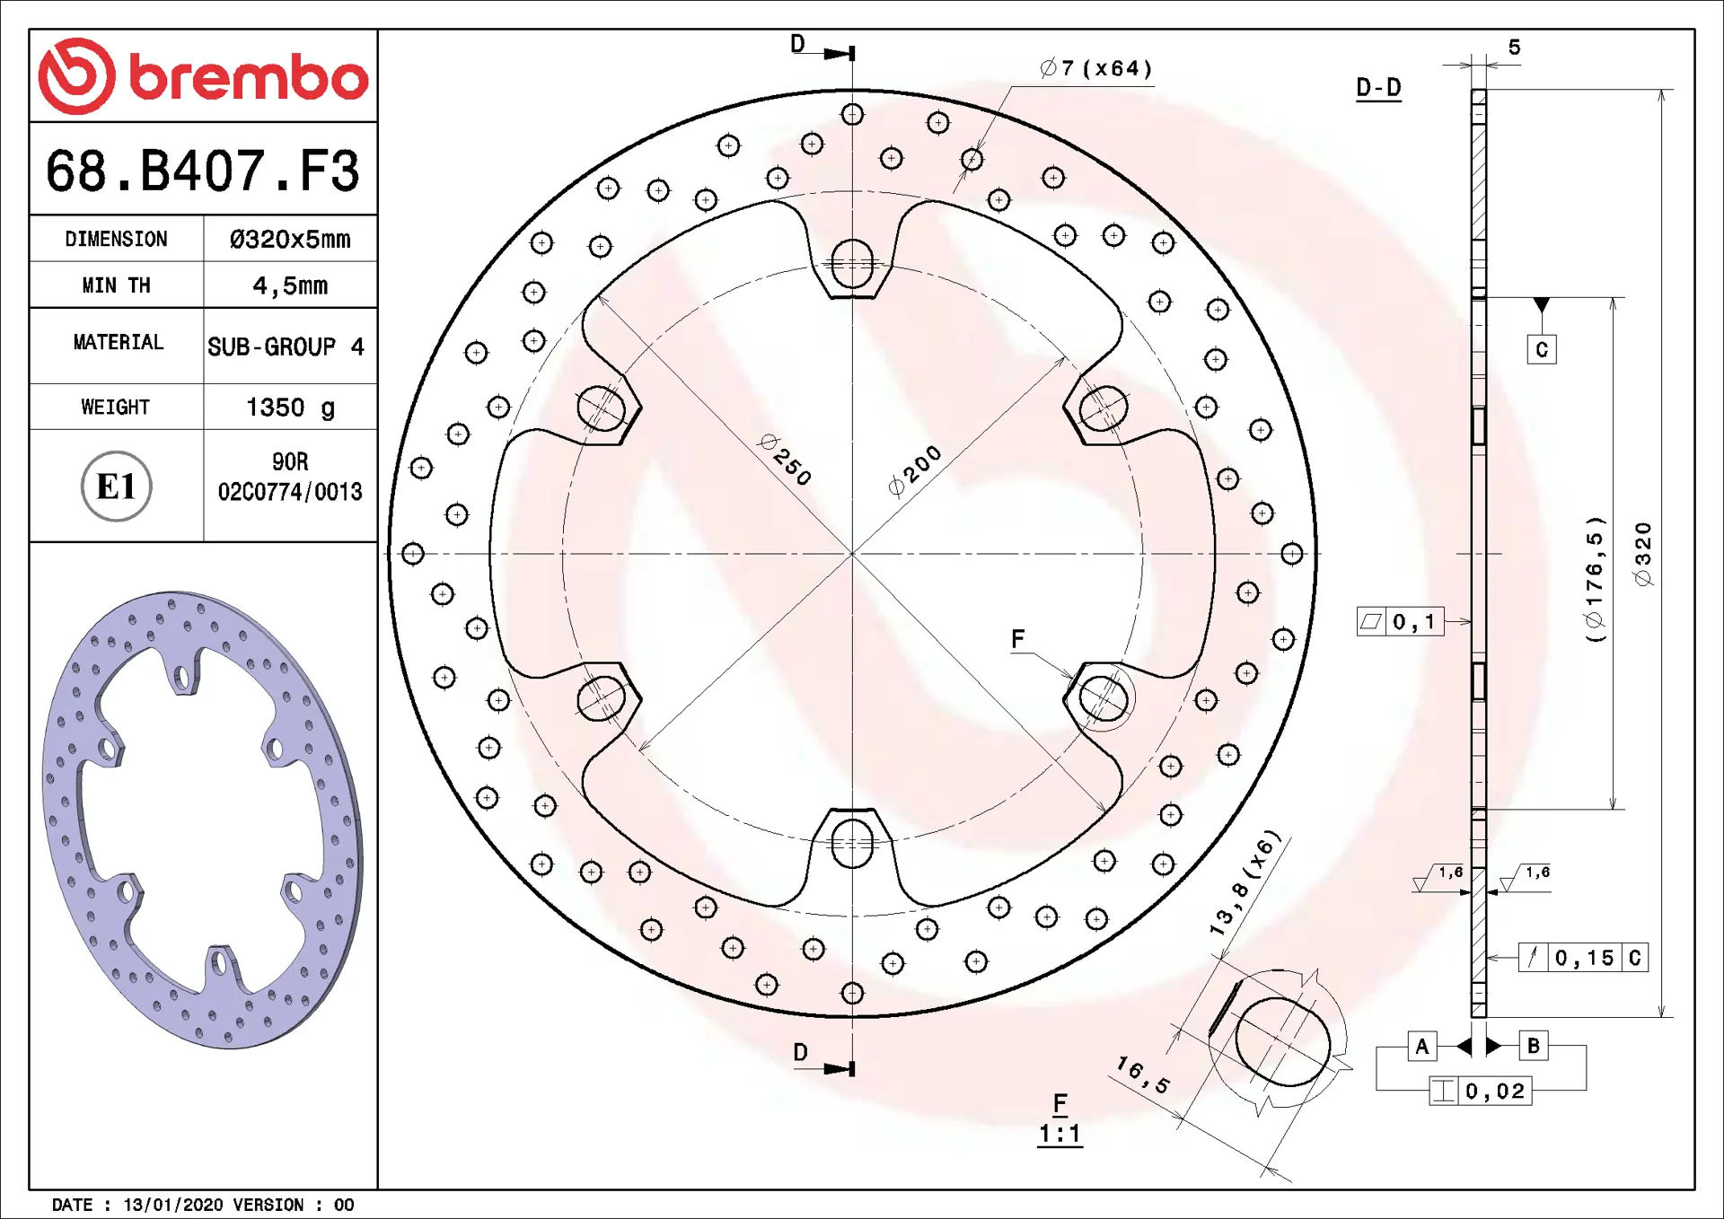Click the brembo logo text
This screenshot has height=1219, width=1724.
tap(249, 78)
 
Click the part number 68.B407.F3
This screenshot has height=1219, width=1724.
tap(203, 171)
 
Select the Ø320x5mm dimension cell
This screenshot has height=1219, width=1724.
tap(290, 239)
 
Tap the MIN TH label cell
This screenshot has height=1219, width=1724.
tap(117, 285)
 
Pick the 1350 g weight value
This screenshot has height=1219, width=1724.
tap(290, 408)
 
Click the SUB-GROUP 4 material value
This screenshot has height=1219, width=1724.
tap(286, 346)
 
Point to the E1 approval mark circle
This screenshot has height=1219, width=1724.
tap(117, 487)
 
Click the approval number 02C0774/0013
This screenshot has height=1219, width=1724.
tap(290, 492)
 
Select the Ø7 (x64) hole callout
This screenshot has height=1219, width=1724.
tap(1095, 68)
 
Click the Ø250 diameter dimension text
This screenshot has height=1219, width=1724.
tap(786, 460)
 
